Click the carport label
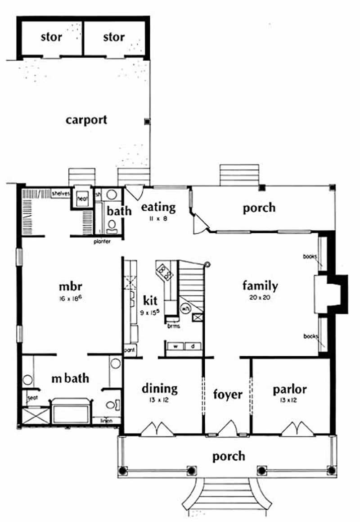pyautogui.click(x=86, y=120)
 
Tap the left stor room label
pyautogui.click(x=51, y=37)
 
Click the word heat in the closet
pyautogui.click(x=81, y=199)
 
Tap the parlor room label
pyautogui.click(x=290, y=389)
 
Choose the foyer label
pyautogui.click(x=227, y=395)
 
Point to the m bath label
pyautogui.click(x=69, y=379)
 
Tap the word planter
pyautogui.click(x=102, y=241)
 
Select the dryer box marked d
pyautogui.click(x=193, y=346)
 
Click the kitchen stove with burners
pyautogui.click(x=163, y=272)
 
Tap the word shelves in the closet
pyautogui.click(x=60, y=194)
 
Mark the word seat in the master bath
pyautogui.click(x=32, y=399)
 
